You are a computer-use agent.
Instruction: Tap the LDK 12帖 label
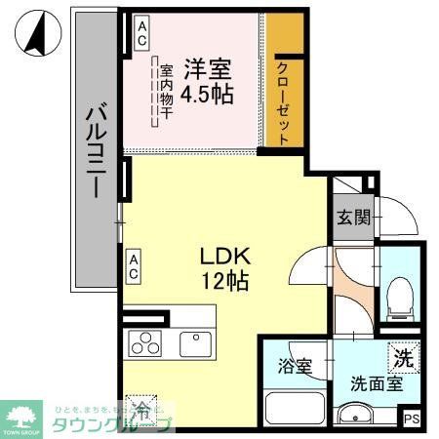coord(226,269)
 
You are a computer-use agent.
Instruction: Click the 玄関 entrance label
coord(353,219)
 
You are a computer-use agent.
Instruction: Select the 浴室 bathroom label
coord(294,368)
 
